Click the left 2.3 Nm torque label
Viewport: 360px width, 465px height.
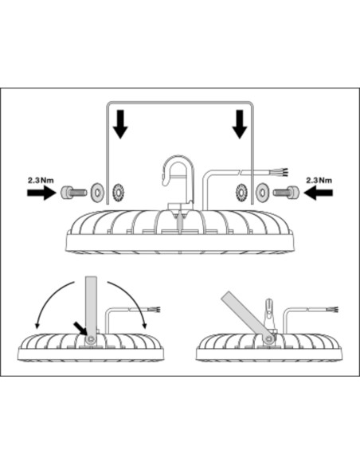tap(41, 180)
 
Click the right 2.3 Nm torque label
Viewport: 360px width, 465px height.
tap(319, 180)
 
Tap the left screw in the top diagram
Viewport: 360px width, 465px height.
tap(74, 193)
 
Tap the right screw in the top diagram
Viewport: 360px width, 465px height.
tap(286, 193)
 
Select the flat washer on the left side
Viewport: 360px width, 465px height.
tap(97, 192)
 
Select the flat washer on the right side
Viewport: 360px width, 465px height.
tap(263, 192)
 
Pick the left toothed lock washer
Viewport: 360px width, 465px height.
tap(119, 192)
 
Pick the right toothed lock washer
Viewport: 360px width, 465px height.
tap(241, 192)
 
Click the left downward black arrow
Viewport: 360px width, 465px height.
tap(120, 124)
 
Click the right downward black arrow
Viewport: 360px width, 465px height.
tap(239, 124)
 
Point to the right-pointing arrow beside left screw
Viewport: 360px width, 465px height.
tap(41, 193)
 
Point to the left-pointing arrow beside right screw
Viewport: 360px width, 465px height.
tap(319, 193)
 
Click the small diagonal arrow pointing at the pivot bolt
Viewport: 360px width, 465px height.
tap(80, 329)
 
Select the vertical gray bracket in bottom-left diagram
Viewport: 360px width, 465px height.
tap(91, 308)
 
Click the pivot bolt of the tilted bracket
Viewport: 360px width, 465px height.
tap(268, 339)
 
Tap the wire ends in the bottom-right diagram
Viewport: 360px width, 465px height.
tap(334, 311)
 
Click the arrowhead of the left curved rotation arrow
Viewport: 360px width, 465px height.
tap(37, 326)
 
